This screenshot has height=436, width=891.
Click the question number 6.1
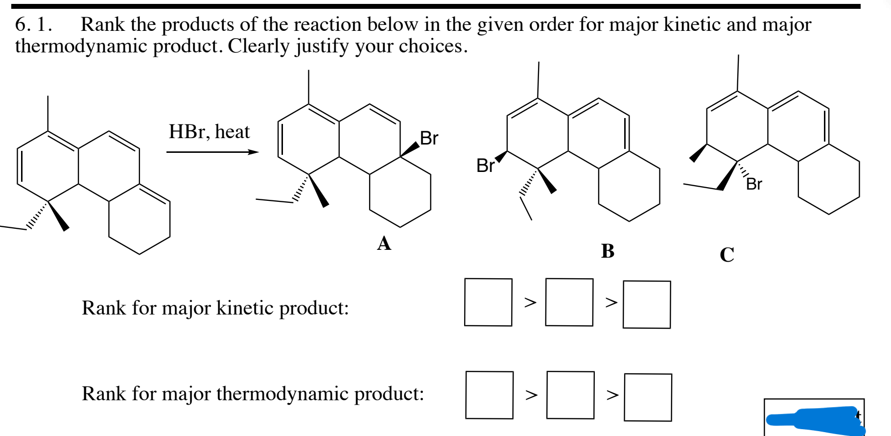click(33, 24)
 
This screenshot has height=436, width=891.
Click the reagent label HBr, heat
click(209, 132)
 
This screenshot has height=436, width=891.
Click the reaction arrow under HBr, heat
click(212, 152)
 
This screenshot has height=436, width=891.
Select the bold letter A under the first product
click(384, 243)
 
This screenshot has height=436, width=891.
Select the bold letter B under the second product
click(608, 251)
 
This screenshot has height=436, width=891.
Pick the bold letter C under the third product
click(727, 255)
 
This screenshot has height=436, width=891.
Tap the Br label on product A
click(429, 139)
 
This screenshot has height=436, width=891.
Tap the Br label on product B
click(485, 166)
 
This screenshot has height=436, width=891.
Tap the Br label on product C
click(754, 184)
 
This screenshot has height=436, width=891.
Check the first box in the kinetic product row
click(488, 302)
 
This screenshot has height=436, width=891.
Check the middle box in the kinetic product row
click(569, 302)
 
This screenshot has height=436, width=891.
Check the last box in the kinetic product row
click(647, 304)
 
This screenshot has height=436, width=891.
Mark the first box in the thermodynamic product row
click(489, 395)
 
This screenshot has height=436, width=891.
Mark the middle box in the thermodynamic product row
click(570, 395)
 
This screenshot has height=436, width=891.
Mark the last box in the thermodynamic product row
click(648, 397)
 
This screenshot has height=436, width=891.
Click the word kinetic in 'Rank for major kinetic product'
click(245, 308)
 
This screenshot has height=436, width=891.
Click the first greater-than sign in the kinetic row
click(530, 302)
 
